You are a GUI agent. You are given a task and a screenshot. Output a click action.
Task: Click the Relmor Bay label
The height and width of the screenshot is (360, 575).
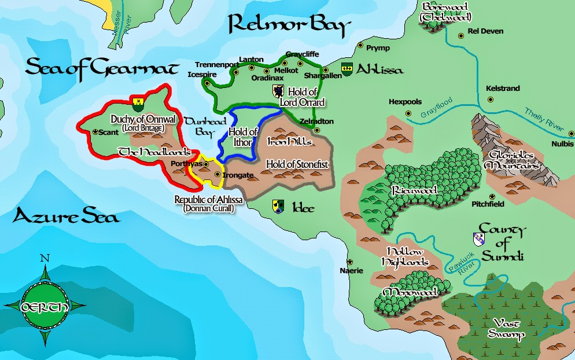coord(289,25)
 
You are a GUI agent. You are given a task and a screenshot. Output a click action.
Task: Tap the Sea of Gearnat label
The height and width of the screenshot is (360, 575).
coord(101,68)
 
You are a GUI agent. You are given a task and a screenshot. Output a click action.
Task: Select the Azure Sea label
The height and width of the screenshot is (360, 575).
coord(66,217)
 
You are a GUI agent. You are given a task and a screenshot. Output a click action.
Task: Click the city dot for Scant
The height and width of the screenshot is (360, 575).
coord(95,132)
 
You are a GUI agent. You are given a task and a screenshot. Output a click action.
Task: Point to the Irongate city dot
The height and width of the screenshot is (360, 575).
coord(218,174)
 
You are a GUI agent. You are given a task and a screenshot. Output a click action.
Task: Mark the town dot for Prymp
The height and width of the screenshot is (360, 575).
coord(360,45)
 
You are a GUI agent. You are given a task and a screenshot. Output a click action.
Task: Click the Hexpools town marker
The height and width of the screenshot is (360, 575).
coord(408,113)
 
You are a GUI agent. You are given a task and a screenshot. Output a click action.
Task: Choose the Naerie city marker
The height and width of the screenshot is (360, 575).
coord(349,262)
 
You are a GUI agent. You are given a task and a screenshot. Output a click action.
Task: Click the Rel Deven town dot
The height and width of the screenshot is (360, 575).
coord(461,36)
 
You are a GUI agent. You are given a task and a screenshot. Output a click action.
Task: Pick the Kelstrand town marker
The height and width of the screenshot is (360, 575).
coord(491,99)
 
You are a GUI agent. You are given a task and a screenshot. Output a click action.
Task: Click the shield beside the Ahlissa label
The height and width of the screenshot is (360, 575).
coord(347,69)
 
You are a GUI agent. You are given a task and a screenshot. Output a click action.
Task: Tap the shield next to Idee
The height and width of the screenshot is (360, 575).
coord(278,206)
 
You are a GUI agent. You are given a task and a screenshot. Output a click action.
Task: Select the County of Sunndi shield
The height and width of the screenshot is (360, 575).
coord(478,238)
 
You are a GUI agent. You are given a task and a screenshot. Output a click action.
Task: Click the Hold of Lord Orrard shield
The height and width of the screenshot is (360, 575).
coord(278,91)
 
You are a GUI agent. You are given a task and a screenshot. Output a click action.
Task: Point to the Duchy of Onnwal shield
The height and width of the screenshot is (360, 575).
coord(138,103)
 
